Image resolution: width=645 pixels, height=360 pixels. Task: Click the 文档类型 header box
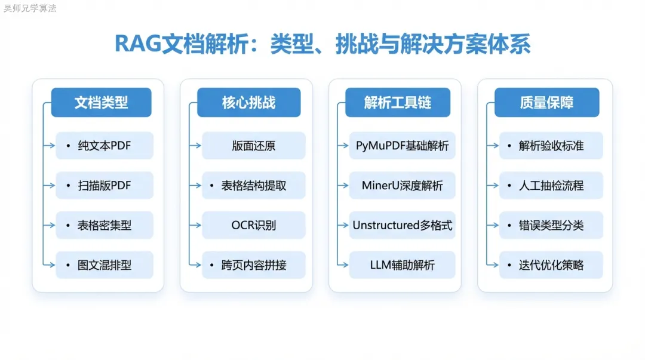click(x=101, y=103)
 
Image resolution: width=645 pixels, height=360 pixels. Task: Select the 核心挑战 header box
click(x=249, y=103)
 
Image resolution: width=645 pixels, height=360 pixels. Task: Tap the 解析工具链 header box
click(x=397, y=103)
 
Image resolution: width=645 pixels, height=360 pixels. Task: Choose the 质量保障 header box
click(x=546, y=103)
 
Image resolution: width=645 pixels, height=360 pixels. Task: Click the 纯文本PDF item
click(x=105, y=146)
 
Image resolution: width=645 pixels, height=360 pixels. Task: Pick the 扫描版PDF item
click(x=105, y=186)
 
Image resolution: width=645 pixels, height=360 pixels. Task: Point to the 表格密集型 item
click(x=105, y=226)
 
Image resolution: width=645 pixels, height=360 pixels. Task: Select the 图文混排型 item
click(x=105, y=265)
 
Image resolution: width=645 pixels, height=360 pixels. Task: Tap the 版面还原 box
click(x=254, y=146)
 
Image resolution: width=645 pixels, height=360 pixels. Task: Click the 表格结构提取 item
click(x=254, y=186)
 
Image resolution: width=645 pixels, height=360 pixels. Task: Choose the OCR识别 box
click(x=254, y=226)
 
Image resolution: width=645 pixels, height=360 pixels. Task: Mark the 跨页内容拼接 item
click(x=254, y=265)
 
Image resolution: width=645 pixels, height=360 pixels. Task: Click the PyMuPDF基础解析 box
click(x=403, y=146)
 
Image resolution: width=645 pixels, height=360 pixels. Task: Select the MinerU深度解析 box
click(x=403, y=186)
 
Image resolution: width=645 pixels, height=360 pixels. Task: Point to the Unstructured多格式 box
click(x=403, y=226)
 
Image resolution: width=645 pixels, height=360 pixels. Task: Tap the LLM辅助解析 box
click(x=403, y=265)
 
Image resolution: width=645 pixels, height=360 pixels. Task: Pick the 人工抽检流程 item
click(x=551, y=186)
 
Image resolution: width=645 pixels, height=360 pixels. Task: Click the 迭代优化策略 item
click(x=551, y=265)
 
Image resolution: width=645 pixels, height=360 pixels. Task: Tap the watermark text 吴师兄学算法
click(x=30, y=8)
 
